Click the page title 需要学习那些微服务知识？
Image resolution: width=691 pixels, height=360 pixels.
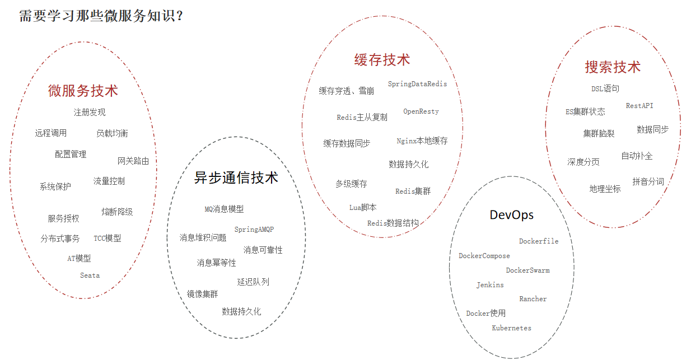[x=101, y=16]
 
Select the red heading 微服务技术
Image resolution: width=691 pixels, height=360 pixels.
[x=83, y=90]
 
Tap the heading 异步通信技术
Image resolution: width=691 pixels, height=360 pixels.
[x=236, y=178]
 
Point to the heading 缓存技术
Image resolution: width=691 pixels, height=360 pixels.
[x=382, y=60]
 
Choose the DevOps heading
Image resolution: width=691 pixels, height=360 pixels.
[x=511, y=215]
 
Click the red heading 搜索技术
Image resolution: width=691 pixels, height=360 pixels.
[x=613, y=67]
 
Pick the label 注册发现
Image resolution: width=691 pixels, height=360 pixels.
[x=90, y=112]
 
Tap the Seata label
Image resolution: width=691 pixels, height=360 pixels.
[x=90, y=275]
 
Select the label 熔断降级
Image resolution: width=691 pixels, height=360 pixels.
[x=117, y=212]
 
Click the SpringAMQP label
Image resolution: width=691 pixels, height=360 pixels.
[x=254, y=230]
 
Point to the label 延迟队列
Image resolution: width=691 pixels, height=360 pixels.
[x=253, y=282]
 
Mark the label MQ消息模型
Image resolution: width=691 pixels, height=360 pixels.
[x=224, y=209]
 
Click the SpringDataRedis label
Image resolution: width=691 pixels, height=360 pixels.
[x=417, y=84]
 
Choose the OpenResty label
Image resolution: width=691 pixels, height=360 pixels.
[x=421, y=111]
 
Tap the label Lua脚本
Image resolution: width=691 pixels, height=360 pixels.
[x=363, y=207]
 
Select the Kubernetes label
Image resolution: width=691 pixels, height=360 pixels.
[x=511, y=328]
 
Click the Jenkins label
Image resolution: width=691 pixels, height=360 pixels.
[x=490, y=285]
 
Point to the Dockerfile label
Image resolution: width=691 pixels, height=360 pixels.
[x=538, y=241]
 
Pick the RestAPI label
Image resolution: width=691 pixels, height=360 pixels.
[x=639, y=105]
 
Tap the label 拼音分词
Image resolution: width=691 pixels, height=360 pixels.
[x=648, y=181]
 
